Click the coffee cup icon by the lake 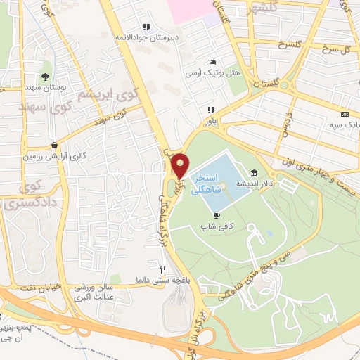(217, 215)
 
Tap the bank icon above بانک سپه (344, 115)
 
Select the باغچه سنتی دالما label (164, 279)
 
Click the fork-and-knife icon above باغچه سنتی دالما (163, 269)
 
